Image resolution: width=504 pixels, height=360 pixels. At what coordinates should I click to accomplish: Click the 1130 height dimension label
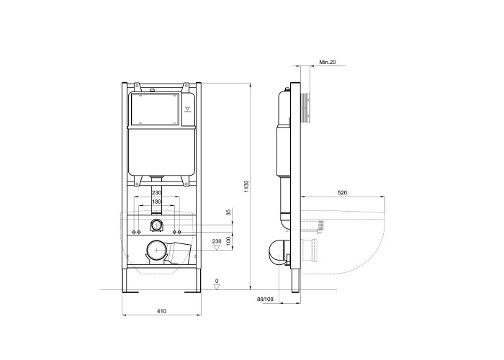point(246,186)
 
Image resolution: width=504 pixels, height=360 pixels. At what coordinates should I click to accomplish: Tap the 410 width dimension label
point(161,311)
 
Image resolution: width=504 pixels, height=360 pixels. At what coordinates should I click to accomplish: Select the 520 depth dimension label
point(342,193)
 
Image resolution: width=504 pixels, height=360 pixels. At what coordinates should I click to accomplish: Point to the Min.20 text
point(328,62)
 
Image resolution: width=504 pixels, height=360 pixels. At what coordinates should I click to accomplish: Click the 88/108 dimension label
point(265,300)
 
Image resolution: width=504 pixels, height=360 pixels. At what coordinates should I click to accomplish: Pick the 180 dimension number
point(156,202)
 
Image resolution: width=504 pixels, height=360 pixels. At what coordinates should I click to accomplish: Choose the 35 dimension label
point(228,212)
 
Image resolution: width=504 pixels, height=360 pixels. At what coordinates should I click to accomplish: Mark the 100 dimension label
point(228,241)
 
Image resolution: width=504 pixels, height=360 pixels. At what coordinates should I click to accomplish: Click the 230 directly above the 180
point(156,192)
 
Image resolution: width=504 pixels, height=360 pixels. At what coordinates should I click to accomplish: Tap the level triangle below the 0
point(217,287)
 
